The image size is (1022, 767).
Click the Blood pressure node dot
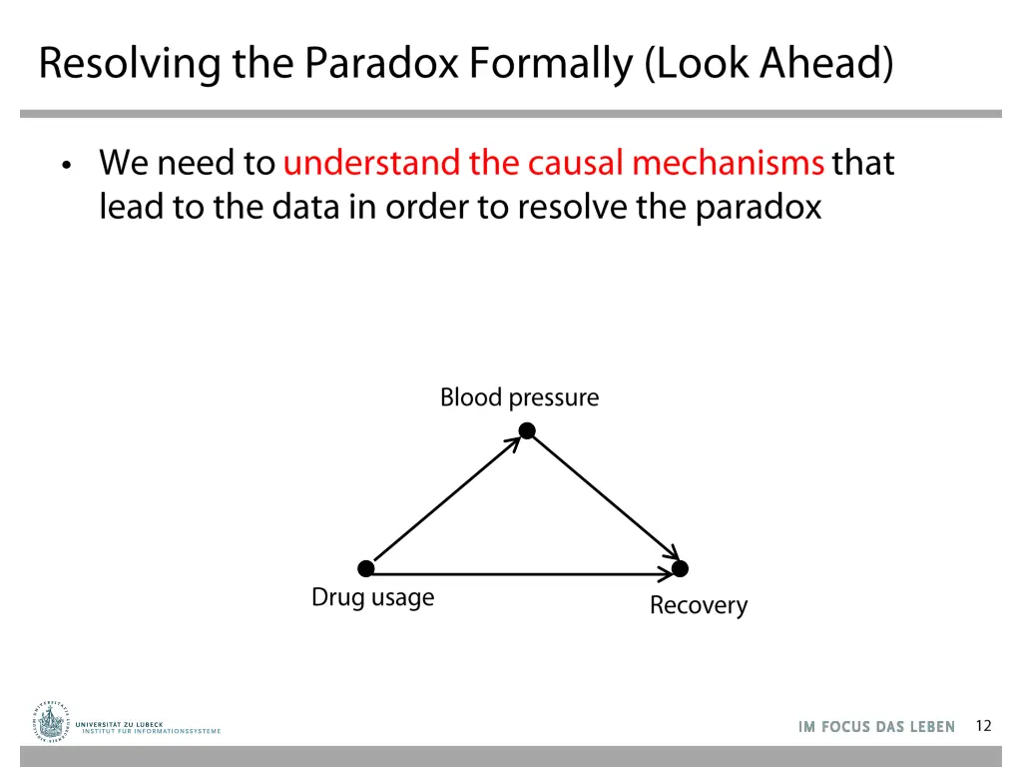pos(527,431)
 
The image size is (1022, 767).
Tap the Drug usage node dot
pos(366,568)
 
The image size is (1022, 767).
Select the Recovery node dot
pos(680,569)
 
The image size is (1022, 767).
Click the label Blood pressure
pos(519,397)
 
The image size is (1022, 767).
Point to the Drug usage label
pos(372,597)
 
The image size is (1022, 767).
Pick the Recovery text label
pos(698,605)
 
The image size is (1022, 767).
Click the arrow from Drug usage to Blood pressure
pos(445,500)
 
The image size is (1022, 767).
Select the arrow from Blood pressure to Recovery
pos(604,500)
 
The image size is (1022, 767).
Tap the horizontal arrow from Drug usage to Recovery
pos(523,574)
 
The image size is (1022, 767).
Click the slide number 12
pos(983,726)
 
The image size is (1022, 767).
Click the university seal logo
pos(51,721)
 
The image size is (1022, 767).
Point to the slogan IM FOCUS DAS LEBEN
pos(876,727)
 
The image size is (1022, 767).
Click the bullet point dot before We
pos(66,166)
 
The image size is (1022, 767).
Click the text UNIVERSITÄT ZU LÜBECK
pos(119,723)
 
